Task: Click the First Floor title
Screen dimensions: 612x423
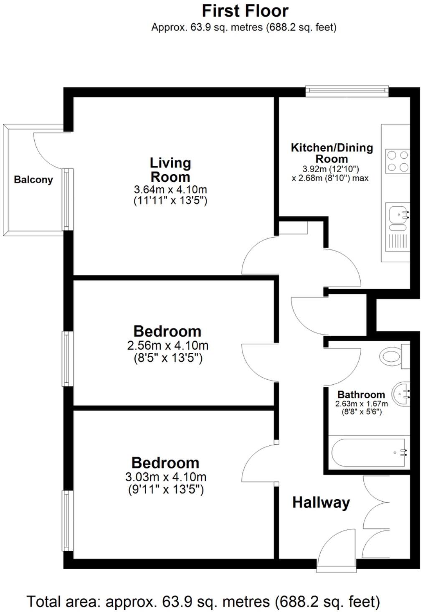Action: click(245, 11)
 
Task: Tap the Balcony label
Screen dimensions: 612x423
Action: click(33, 180)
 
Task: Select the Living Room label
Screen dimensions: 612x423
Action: click(170, 169)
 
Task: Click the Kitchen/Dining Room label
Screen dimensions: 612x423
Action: click(332, 153)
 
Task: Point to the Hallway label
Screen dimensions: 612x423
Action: click(321, 502)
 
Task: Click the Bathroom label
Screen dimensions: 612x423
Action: click(361, 394)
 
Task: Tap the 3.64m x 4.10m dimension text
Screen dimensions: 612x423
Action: click(170, 189)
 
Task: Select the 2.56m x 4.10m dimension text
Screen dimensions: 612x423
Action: click(167, 345)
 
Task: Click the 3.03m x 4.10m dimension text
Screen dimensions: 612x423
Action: click(166, 477)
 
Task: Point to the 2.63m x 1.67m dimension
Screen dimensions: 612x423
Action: click(361, 404)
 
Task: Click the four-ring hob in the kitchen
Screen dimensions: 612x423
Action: click(397, 161)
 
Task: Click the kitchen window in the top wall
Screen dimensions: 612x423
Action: click(347, 90)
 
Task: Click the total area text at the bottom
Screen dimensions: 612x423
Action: click(203, 602)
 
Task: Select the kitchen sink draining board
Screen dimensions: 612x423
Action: click(398, 241)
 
